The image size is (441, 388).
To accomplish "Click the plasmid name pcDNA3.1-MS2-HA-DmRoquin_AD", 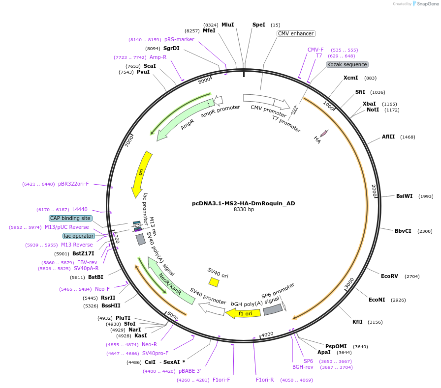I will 243,203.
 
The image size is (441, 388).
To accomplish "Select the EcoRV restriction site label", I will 389,276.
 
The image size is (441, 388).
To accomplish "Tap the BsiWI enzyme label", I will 404,196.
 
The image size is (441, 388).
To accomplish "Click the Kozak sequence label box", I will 347,64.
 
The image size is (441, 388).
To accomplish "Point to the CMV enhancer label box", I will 295,34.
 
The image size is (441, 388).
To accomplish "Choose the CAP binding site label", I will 70,218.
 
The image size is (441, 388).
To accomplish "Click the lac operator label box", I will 78,236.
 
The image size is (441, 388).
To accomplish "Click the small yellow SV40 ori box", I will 214,282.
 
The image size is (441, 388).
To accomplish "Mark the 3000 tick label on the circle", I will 349,283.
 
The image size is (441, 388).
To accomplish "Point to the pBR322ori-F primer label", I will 73,184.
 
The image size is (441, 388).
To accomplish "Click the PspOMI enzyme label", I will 336,346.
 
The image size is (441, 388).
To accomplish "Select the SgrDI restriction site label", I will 171,48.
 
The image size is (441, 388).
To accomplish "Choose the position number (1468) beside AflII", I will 408,137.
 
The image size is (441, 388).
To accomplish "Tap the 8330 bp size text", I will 244,210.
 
